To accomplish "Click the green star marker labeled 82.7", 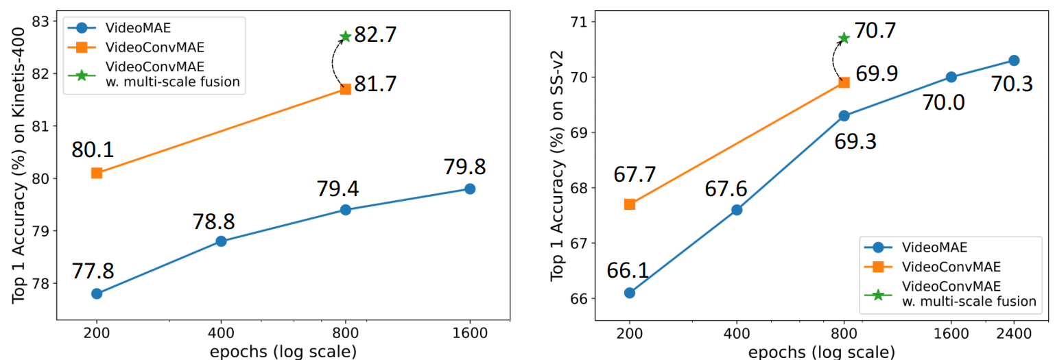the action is [x=345, y=36].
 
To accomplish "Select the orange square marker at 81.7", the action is [x=345, y=89].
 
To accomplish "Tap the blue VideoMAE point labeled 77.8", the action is [x=97, y=293].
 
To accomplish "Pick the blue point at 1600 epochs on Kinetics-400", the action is [x=470, y=189].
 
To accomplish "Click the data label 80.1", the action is [x=93, y=150].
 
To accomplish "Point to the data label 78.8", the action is [x=213, y=221].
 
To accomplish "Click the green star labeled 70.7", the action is [x=844, y=38].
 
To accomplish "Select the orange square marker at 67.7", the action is [x=629, y=204].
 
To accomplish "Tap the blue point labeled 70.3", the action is [x=1014, y=60].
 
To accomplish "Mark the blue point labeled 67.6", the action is [x=737, y=210].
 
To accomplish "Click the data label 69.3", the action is [x=855, y=142].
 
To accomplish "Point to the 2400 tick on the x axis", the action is [x=1014, y=334].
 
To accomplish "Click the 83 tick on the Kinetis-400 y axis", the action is [x=40, y=22].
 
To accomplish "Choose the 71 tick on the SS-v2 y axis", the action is [x=579, y=22].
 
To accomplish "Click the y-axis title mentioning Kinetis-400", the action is [x=19, y=165].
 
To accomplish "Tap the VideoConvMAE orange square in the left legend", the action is [x=82, y=47].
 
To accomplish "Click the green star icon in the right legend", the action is [x=878, y=295].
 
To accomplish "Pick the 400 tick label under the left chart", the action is [x=221, y=333].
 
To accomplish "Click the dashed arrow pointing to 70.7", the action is [x=833, y=60].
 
